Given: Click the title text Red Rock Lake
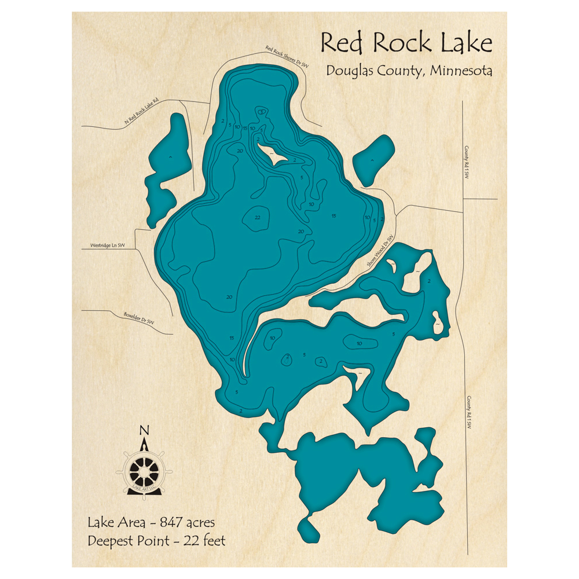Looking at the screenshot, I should coord(406,43).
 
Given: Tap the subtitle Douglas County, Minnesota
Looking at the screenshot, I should coord(409,71).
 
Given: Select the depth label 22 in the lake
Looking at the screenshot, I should coord(258,217).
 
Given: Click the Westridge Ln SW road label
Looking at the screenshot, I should coord(108,245).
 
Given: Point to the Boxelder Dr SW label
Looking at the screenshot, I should coord(139,318).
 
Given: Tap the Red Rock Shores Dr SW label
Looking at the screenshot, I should coord(286,57).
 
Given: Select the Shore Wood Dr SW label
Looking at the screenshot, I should coord(380,251).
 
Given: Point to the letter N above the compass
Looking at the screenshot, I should coord(144,430).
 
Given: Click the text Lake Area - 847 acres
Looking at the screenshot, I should coord(151,522).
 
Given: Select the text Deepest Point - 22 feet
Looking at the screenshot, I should coord(156,541).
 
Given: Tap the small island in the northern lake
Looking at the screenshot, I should coord(272,154).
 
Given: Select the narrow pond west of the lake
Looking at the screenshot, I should coord(166,168).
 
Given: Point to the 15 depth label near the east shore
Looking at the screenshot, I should coord(334,216).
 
